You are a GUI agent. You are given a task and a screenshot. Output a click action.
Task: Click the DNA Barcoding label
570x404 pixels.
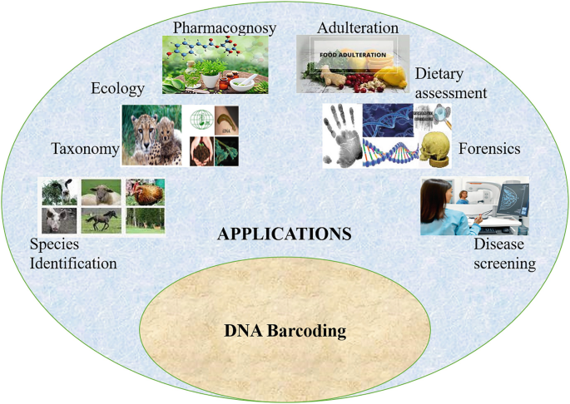[285, 331]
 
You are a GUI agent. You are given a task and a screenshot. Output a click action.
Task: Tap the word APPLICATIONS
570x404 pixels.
[285, 234]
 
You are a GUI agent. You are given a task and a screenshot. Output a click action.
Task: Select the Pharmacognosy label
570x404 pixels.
[225, 28]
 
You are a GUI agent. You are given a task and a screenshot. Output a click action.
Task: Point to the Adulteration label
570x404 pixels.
[358, 28]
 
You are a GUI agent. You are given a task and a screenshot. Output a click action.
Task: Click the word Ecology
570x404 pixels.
[117, 89]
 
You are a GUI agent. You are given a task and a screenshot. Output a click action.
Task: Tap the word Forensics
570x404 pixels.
[489, 149]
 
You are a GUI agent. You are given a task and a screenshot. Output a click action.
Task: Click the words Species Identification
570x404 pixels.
[73, 254]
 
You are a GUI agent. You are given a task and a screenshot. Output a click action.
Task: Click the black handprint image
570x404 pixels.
[342, 137]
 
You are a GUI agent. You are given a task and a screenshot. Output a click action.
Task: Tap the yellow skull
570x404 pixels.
[435, 150]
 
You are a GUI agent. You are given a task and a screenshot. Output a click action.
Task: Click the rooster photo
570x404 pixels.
[146, 192]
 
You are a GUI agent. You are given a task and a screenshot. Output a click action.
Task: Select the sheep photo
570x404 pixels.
[102, 192]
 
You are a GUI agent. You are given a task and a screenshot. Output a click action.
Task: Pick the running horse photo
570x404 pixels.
[102, 220]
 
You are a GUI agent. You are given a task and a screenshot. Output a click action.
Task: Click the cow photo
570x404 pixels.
[59, 192]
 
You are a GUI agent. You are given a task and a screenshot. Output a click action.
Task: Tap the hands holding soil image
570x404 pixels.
[202, 153]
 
